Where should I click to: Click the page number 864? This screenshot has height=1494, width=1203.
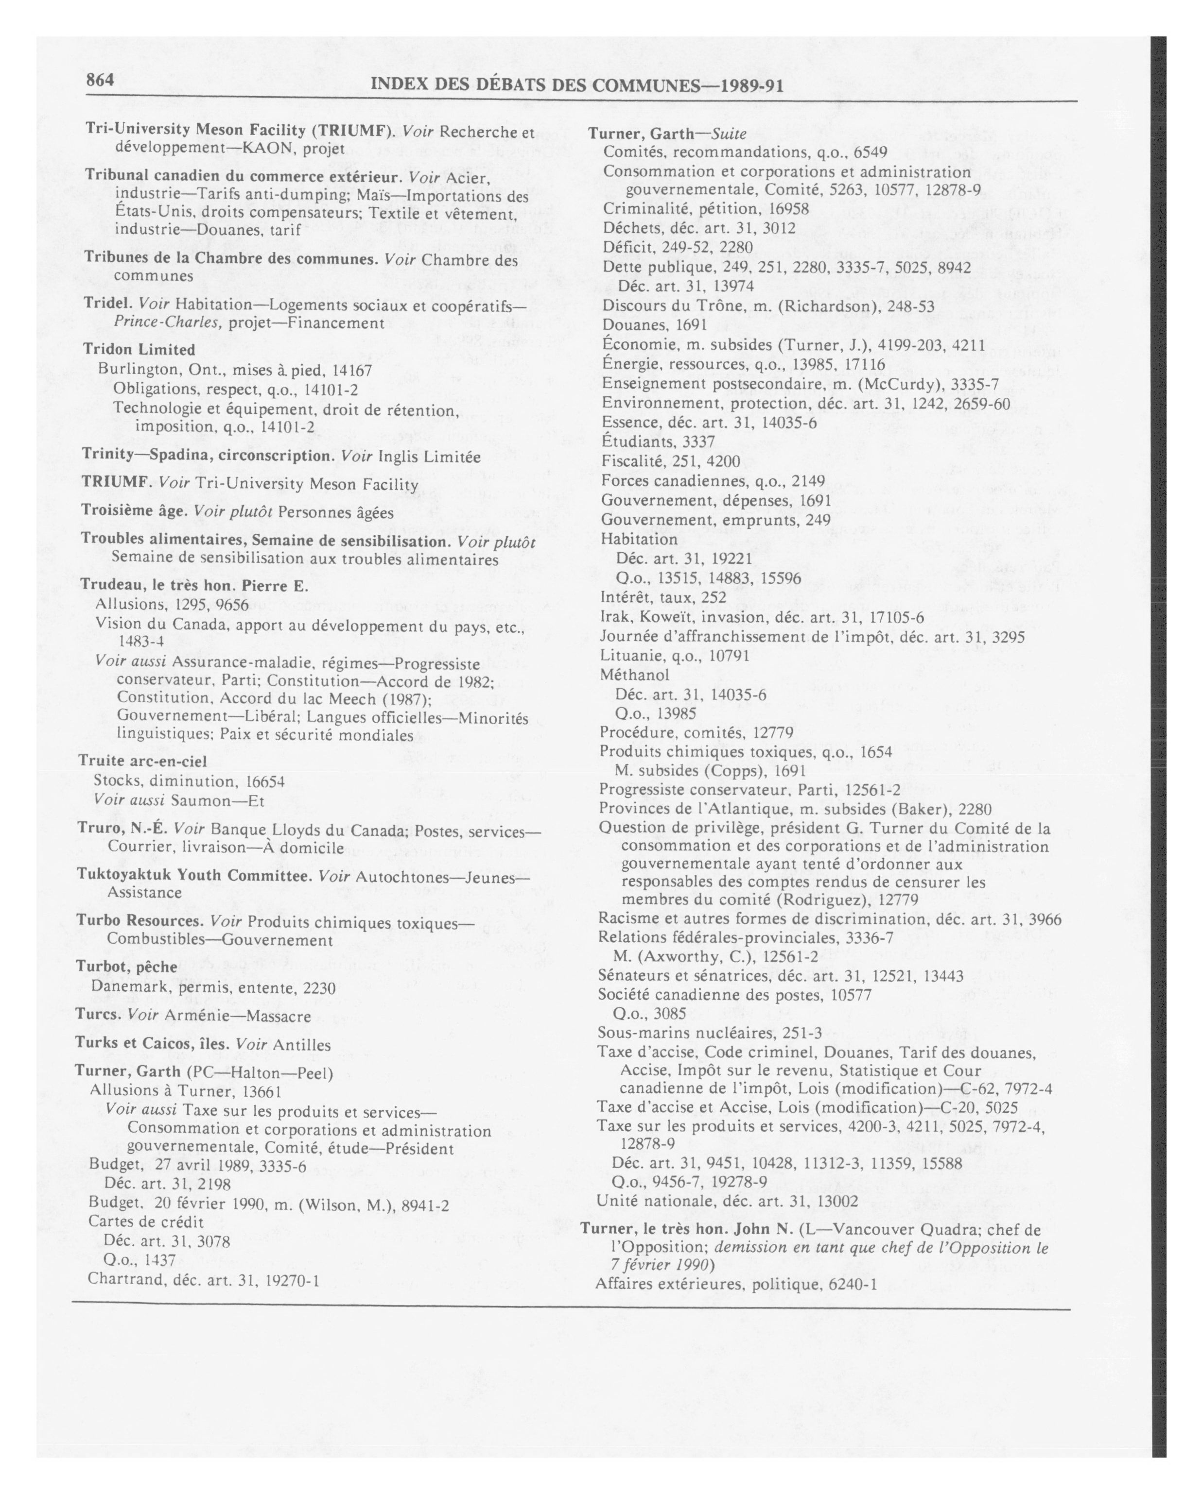click(x=99, y=80)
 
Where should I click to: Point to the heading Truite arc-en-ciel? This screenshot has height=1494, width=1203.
click(x=143, y=761)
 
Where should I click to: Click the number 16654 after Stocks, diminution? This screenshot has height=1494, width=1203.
click(x=265, y=781)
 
